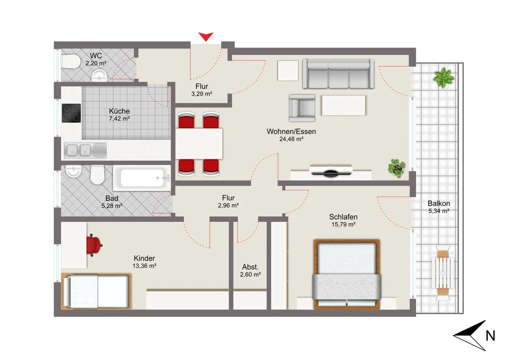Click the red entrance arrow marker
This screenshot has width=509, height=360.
pyautogui.click(x=206, y=36)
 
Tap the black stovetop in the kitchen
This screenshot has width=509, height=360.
pyautogui.click(x=71, y=113)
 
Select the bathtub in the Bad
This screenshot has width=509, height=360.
pyautogui.click(x=142, y=178)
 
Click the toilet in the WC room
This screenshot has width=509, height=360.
pyautogui.click(x=70, y=62)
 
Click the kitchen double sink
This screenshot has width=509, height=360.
pyautogui.click(x=85, y=150)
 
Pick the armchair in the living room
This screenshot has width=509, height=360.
pyautogui.click(x=302, y=108)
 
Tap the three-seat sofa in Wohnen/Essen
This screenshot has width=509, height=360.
pyautogui.click(x=338, y=74)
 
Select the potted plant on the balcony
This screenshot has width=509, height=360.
pyautogui.click(x=443, y=78)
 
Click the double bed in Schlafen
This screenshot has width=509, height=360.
pyautogui.click(x=346, y=274)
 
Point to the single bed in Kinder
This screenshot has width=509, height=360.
pyautogui.click(x=96, y=291)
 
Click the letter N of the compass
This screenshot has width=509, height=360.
pyautogui.click(x=490, y=336)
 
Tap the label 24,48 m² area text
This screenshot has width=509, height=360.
pyautogui.click(x=291, y=139)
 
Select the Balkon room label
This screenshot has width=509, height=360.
pyautogui.click(x=439, y=203)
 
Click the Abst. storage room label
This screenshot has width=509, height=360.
pyautogui.click(x=250, y=267)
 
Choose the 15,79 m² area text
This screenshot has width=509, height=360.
pyautogui.click(x=343, y=224)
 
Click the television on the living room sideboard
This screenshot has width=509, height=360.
pyautogui.click(x=331, y=171)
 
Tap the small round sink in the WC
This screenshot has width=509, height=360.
pyautogui.click(x=99, y=76)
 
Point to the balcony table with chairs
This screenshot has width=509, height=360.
pyautogui.click(x=443, y=273)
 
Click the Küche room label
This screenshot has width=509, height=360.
pyautogui.click(x=119, y=111)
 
